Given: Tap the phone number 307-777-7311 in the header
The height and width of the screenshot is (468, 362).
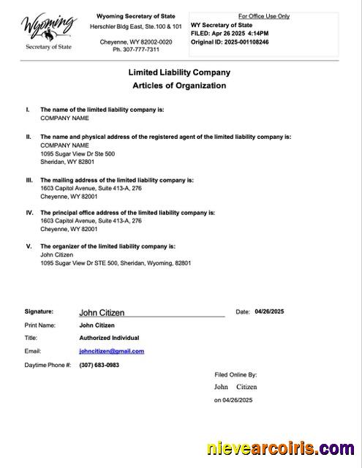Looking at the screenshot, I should coord(136,50).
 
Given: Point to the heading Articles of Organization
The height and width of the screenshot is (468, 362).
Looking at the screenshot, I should coord(179,86).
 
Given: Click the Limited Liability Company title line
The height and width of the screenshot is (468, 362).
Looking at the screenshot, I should coord(179,72).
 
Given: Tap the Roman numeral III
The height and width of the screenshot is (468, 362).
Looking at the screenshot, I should coord(29,180).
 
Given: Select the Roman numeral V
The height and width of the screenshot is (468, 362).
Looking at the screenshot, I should coord(29,246).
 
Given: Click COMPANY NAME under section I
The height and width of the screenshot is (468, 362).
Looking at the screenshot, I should coord(64,118).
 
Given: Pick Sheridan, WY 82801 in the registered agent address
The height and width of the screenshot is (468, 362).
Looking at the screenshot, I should coord(67,162).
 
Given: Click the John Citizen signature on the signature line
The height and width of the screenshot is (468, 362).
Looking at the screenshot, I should coord(102,313).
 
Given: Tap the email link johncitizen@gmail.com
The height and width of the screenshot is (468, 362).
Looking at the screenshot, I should coord(111,351).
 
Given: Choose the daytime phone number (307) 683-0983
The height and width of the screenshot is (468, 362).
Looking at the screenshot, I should coord(99,365).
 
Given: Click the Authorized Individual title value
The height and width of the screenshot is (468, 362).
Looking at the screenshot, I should coord(109,338).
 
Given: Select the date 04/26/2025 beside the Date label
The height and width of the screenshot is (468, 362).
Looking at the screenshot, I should coord(269,312).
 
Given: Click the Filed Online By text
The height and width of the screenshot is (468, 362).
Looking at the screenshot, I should coord(235,374).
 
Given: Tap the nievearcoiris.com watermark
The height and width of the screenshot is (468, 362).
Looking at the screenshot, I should coord(281,448).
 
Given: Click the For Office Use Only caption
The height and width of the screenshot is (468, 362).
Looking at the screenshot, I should coord(264,16).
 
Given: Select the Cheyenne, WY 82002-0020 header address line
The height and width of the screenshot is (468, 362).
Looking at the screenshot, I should coord(136,42).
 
